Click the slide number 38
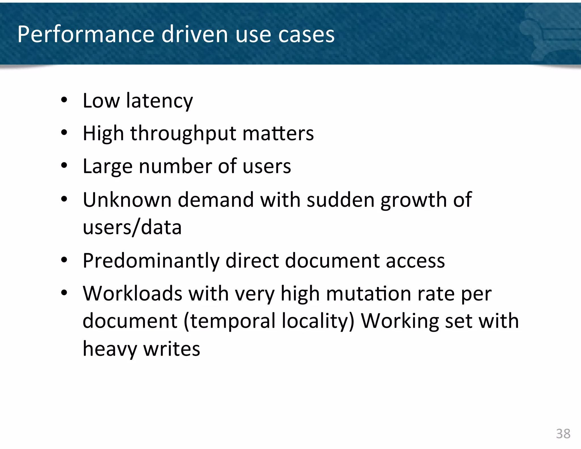coord(563,434)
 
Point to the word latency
coord(159,101)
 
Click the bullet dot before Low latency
coord(64,100)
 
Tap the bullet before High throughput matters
coord(64,132)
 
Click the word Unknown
coord(127,200)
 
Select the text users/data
coord(132,227)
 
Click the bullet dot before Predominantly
coord(64,259)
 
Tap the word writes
coord(172,349)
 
